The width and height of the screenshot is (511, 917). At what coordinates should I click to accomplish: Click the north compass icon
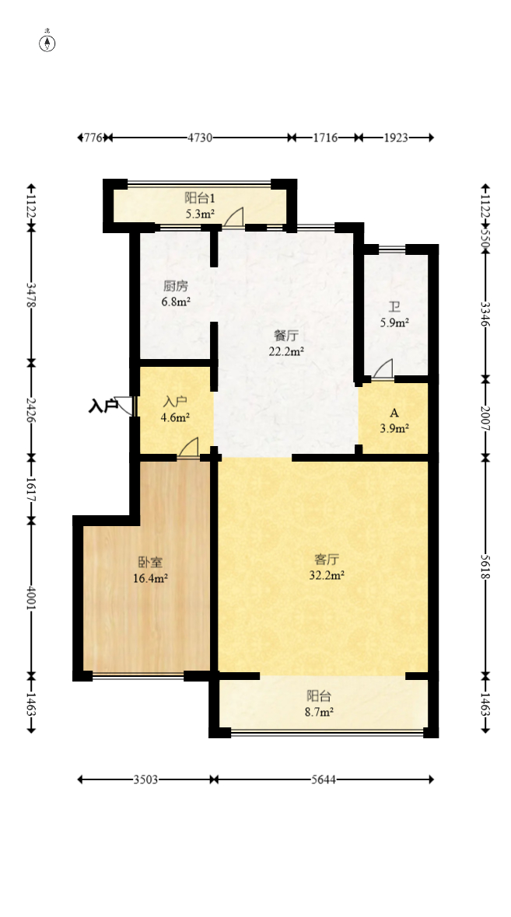pos(47,43)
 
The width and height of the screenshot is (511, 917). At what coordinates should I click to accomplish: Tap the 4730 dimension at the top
pos(200,138)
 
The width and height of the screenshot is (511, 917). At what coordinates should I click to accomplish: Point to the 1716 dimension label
pos(325,138)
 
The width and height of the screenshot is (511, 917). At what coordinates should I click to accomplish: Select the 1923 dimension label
pos(396,138)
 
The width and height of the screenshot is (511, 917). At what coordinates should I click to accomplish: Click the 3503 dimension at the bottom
pos(145,779)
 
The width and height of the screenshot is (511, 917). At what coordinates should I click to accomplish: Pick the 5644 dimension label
pos(322,779)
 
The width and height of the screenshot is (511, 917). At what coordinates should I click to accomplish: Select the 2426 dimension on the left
pos(31,409)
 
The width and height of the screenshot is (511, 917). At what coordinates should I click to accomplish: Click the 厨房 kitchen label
pos(176,286)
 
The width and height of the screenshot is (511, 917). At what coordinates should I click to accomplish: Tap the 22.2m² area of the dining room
pos(286,350)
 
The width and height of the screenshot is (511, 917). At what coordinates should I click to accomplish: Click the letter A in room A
pos(394,413)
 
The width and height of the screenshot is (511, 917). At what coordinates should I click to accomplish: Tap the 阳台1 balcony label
pos(200,198)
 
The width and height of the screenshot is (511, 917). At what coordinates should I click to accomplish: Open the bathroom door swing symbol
pos(383,370)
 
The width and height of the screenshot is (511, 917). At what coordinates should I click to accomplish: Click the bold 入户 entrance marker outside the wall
pos(103,406)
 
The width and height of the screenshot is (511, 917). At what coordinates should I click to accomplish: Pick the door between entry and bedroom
pos(188,448)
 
